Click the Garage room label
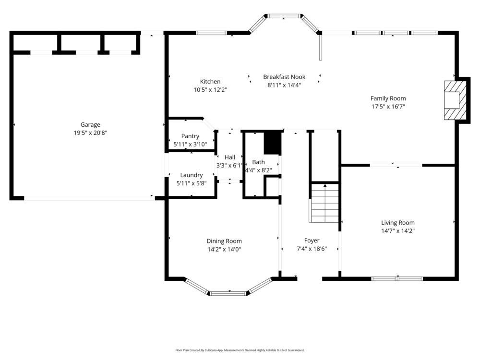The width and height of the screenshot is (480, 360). pos(90,125)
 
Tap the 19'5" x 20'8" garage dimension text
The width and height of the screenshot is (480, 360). pos(90,133)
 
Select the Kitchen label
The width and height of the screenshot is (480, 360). pos(210,82)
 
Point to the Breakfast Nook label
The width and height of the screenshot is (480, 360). pos(284,77)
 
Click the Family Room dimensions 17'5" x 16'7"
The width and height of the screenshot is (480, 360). pos(388,107)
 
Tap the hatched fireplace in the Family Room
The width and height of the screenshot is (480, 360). pos(455,100)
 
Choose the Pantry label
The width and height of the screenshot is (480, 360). pos(190,136)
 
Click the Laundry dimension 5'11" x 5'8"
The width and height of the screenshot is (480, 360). pos(192,183)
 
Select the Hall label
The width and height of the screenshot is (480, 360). pos(230,157)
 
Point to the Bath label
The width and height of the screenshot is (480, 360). pos(258,162)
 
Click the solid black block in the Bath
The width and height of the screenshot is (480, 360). pos(272,143)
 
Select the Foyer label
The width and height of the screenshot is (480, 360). pos(312,240)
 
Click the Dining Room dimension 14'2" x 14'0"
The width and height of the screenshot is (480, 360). pos(224,249)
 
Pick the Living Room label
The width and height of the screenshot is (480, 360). pos(397,223)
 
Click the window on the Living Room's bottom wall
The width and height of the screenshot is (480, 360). pos(397,278)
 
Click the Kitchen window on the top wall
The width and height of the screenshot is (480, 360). pos(211,33)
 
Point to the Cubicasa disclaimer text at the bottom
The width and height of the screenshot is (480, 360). pos(240,350)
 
